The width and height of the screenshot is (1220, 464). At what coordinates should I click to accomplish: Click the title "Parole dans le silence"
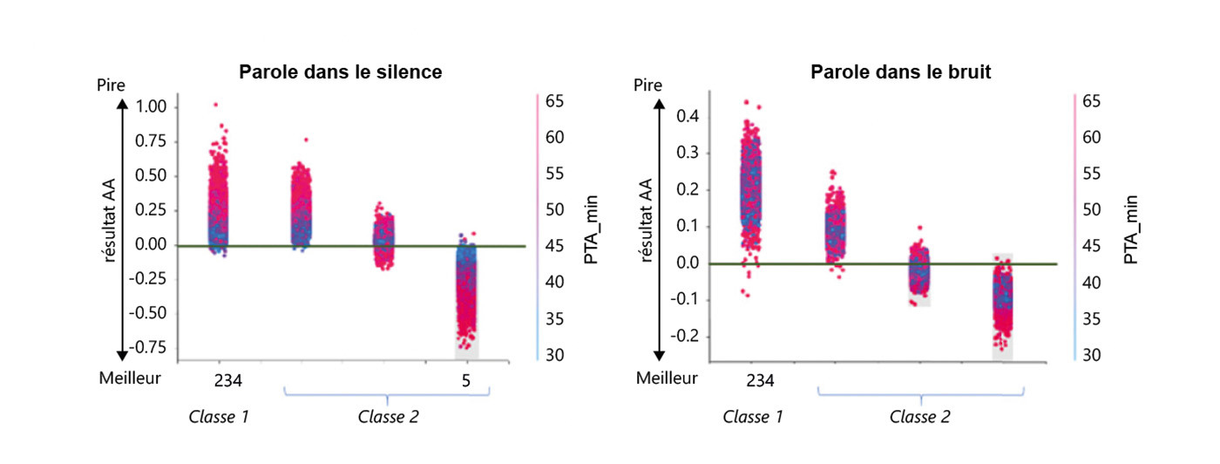[341, 72]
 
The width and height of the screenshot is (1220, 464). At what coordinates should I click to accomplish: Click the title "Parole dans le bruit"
[900, 72]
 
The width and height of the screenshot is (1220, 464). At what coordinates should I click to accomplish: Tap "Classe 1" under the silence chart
[220, 417]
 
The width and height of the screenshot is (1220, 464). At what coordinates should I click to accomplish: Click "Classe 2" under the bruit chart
[920, 417]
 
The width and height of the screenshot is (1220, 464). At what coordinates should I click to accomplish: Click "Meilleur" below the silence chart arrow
[130, 379]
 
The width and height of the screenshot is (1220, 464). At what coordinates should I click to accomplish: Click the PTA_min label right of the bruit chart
[1131, 229]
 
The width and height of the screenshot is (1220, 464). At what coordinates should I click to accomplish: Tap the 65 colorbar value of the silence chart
[555, 102]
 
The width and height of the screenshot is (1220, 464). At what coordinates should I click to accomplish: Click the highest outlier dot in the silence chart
[215, 105]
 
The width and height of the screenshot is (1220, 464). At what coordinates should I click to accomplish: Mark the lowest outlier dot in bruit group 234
[747, 297]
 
